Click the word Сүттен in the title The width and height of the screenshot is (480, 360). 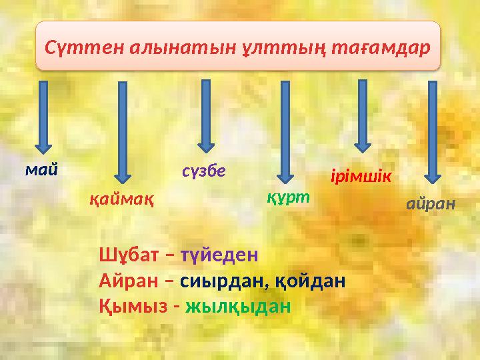tap(74, 48)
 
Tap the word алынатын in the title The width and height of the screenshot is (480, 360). tap(159, 48)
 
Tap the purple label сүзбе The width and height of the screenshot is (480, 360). tap(204, 171)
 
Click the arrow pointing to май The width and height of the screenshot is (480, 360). tap(43, 117)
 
